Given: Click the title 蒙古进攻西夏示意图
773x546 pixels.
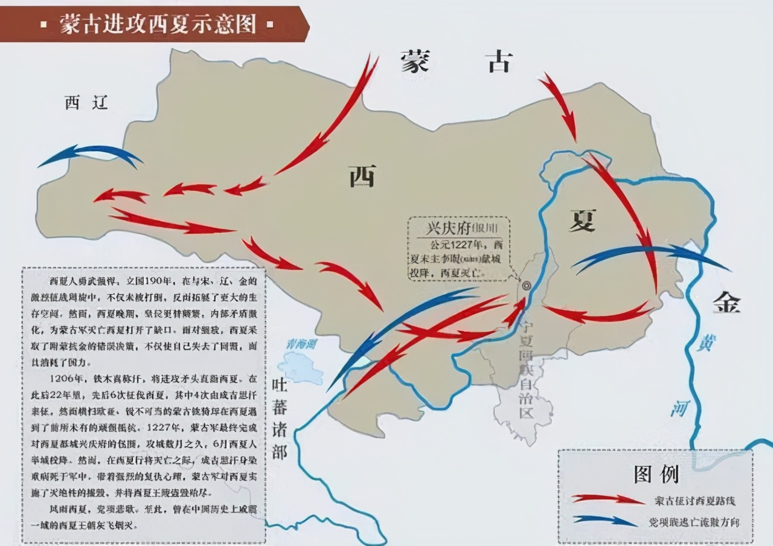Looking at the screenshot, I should (x=157, y=24).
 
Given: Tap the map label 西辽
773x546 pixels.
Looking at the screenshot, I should (x=86, y=103).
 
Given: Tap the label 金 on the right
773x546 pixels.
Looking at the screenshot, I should (x=726, y=302).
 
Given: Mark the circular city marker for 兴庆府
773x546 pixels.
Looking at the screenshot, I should (x=526, y=284).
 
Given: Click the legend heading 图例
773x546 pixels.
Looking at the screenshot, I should (x=656, y=474).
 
